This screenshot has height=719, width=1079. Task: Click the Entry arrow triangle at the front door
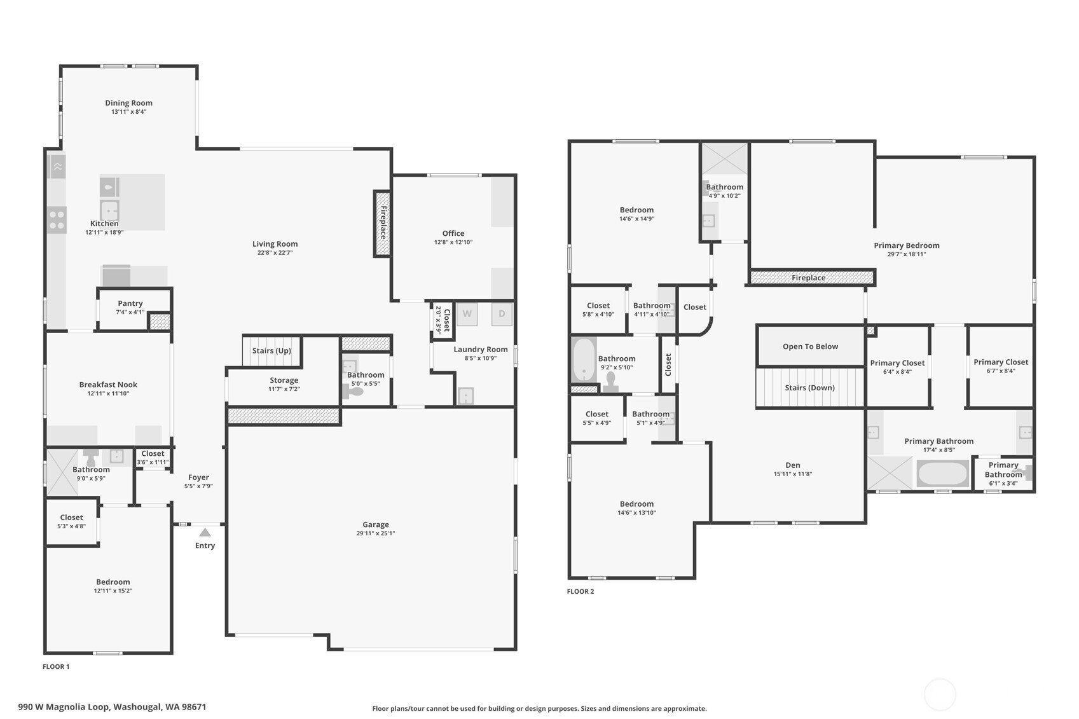tap(205, 532)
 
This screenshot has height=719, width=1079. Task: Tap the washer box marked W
tap(467, 314)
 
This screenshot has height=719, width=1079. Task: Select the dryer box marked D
tap(502, 314)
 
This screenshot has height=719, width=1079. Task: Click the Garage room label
tap(376, 524)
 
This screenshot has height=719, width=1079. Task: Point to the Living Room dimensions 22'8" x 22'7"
tap(275, 253)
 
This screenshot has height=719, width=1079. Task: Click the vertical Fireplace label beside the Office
tap(383, 223)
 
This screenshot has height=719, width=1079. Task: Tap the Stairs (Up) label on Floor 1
tap(271, 350)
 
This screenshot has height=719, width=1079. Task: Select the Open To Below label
tap(810, 346)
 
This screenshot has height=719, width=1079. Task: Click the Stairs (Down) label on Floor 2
tap(810, 388)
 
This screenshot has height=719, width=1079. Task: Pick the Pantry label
tap(130, 303)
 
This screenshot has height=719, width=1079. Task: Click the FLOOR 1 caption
tap(56, 666)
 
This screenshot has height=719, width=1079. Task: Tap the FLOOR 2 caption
tap(581, 591)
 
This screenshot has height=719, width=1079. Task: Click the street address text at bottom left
tap(113, 707)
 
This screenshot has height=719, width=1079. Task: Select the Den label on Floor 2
tap(793, 465)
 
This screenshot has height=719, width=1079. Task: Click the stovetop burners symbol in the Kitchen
tap(57, 220)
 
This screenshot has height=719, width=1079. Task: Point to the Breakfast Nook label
tap(108, 385)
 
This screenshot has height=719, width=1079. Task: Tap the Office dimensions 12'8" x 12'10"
tap(453, 242)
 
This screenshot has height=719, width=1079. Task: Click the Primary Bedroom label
tap(907, 245)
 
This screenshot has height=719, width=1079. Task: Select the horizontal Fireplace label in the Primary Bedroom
tap(808, 278)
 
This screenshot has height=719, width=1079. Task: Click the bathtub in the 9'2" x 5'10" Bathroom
tap(584, 360)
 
